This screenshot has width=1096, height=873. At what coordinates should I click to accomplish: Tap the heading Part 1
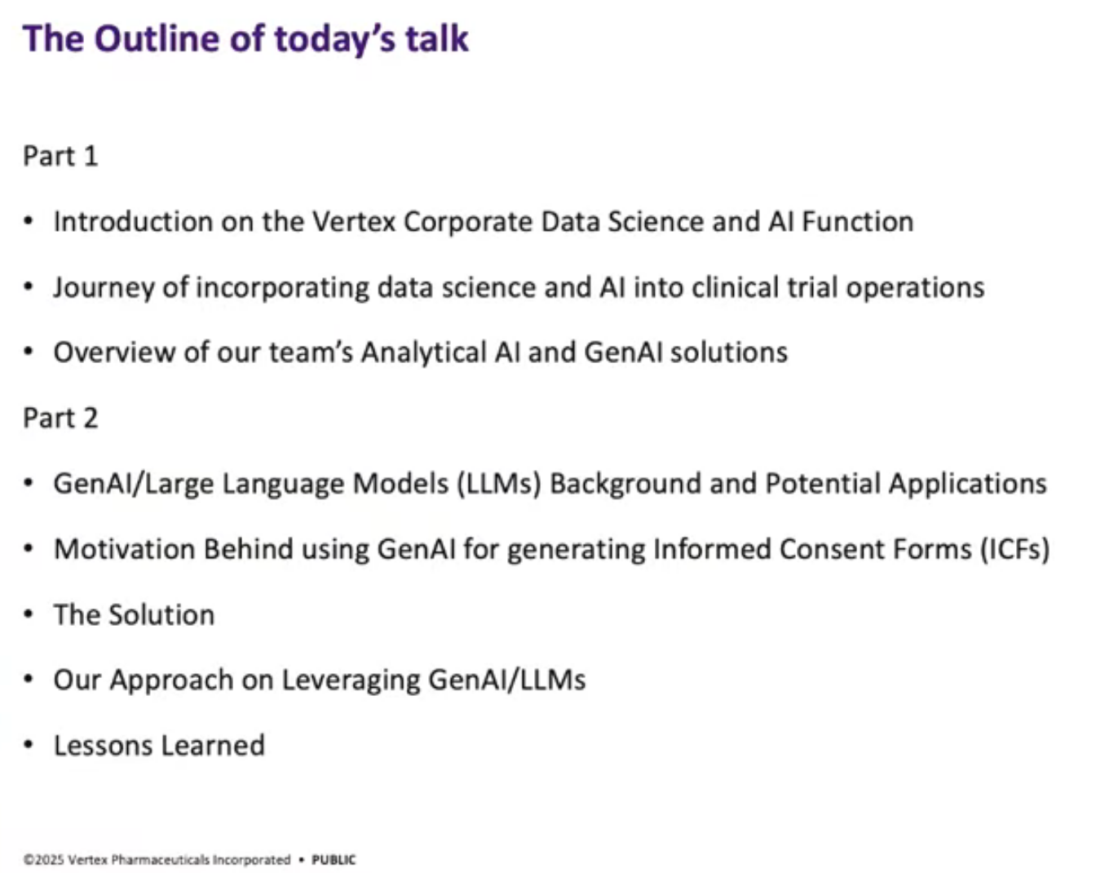[60, 156]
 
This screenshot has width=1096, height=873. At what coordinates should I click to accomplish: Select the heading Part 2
[60, 419]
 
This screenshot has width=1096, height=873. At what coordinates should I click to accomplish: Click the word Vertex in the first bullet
[354, 222]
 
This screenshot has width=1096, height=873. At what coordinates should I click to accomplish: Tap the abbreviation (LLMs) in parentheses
[498, 484]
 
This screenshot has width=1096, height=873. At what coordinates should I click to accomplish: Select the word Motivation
[124, 549]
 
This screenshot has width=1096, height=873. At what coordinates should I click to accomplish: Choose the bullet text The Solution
[135, 615]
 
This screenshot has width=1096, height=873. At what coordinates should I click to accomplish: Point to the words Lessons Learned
[159, 746]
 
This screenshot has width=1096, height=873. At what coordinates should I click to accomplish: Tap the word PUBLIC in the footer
[334, 860]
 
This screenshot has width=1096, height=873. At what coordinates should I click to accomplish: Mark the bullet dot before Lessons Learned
[29, 745]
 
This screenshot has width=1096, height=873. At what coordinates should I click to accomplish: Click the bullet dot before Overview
[29, 352]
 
